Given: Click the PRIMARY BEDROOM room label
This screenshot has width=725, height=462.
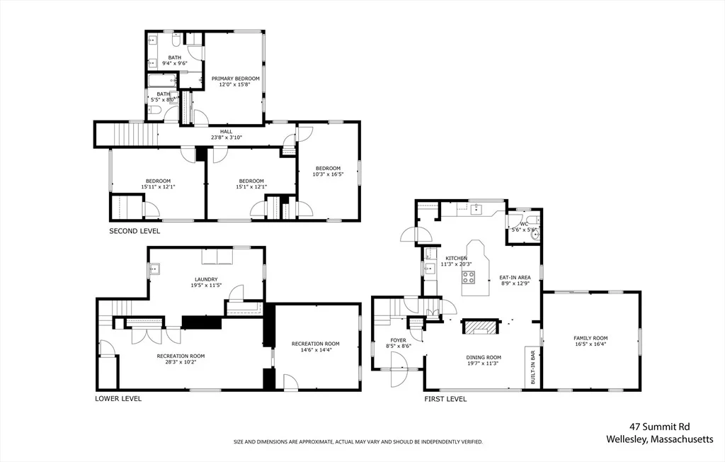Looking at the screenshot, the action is (235, 79).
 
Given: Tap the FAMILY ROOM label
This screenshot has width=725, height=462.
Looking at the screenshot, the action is (590, 339).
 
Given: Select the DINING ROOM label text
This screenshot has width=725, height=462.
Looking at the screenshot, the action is (484, 357).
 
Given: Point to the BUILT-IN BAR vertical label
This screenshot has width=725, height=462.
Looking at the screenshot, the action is (532, 367).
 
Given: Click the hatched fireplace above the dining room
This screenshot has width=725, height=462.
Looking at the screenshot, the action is (480, 327).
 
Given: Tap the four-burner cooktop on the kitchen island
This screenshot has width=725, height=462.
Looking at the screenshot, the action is (469, 277).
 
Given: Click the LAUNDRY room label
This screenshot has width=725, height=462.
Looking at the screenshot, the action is (206, 280).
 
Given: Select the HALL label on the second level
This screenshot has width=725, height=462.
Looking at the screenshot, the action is (226, 132).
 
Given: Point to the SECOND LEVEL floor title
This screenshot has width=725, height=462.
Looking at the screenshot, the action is (135, 231).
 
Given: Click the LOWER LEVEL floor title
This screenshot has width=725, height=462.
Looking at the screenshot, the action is (118, 398).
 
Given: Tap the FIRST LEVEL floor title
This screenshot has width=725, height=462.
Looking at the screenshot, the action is (446, 399).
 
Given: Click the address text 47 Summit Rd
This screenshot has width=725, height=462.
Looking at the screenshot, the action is (659, 427).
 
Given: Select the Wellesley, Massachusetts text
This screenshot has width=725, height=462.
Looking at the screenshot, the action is (660, 439).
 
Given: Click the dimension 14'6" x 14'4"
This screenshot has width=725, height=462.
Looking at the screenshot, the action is (315, 350).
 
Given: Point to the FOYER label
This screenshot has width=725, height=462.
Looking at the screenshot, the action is (398, 340).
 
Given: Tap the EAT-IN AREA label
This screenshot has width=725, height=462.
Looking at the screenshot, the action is (515, 278).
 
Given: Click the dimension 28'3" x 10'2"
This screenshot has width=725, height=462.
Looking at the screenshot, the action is (181, 362).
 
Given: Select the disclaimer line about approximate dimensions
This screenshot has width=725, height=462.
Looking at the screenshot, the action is (358, 442).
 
